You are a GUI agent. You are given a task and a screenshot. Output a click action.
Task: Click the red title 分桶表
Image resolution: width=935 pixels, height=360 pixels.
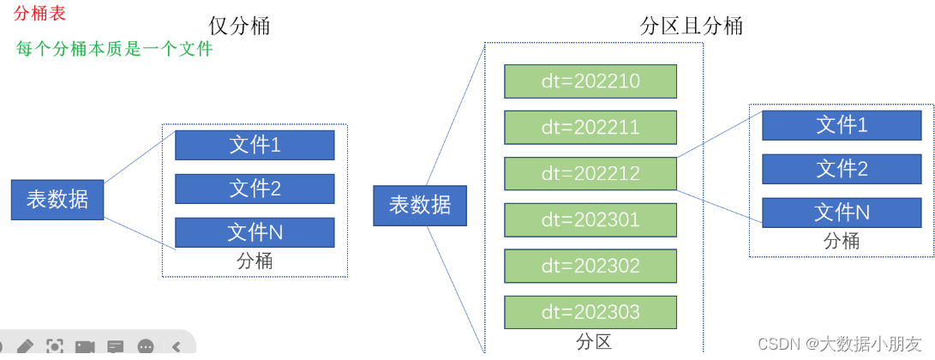[39, 14]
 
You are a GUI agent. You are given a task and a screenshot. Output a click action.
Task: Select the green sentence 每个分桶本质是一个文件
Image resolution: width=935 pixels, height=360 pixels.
[114, 49]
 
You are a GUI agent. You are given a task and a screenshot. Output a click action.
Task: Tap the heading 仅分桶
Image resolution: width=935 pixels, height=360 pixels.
[239, 27]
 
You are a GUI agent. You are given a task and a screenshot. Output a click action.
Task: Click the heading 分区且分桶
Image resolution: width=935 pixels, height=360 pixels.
[691, 27]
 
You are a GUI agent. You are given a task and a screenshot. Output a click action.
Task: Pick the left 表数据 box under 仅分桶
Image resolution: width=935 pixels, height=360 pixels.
[57, 200]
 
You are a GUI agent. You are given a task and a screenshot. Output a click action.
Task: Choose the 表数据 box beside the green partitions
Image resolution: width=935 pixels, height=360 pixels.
[420, 205]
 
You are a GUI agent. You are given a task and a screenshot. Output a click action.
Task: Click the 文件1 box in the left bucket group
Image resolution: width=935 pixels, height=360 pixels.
[255, 145]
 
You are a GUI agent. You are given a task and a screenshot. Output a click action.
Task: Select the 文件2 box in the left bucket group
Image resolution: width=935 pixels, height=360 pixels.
[255, 189]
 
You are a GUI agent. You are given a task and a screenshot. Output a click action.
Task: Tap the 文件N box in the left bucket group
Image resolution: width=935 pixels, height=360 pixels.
[255, 232]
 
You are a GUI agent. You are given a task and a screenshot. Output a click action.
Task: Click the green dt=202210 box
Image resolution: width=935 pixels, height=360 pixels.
[590, 81]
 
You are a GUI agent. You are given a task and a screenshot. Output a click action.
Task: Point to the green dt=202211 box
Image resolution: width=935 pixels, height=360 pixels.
[590, 128]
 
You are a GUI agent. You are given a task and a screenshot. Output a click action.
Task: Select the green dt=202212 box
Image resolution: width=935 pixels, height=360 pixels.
[590, 174]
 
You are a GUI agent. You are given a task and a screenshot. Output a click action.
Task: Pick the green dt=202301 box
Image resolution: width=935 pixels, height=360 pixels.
[590, 219]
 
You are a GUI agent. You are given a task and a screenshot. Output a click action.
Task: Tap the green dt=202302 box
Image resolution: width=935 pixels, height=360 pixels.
[590, 266]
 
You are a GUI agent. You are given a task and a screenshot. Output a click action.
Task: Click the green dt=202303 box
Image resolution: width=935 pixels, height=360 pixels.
[590, 312]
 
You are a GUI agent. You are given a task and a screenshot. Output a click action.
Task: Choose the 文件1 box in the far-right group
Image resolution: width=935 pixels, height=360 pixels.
[842, 125]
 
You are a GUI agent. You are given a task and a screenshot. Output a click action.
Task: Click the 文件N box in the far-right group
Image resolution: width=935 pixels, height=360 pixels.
[842, 213]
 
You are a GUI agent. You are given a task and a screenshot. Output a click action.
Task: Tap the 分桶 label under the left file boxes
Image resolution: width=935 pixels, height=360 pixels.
[255, 261]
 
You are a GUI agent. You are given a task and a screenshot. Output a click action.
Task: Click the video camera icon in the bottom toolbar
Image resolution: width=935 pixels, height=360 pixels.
[85, 347]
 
